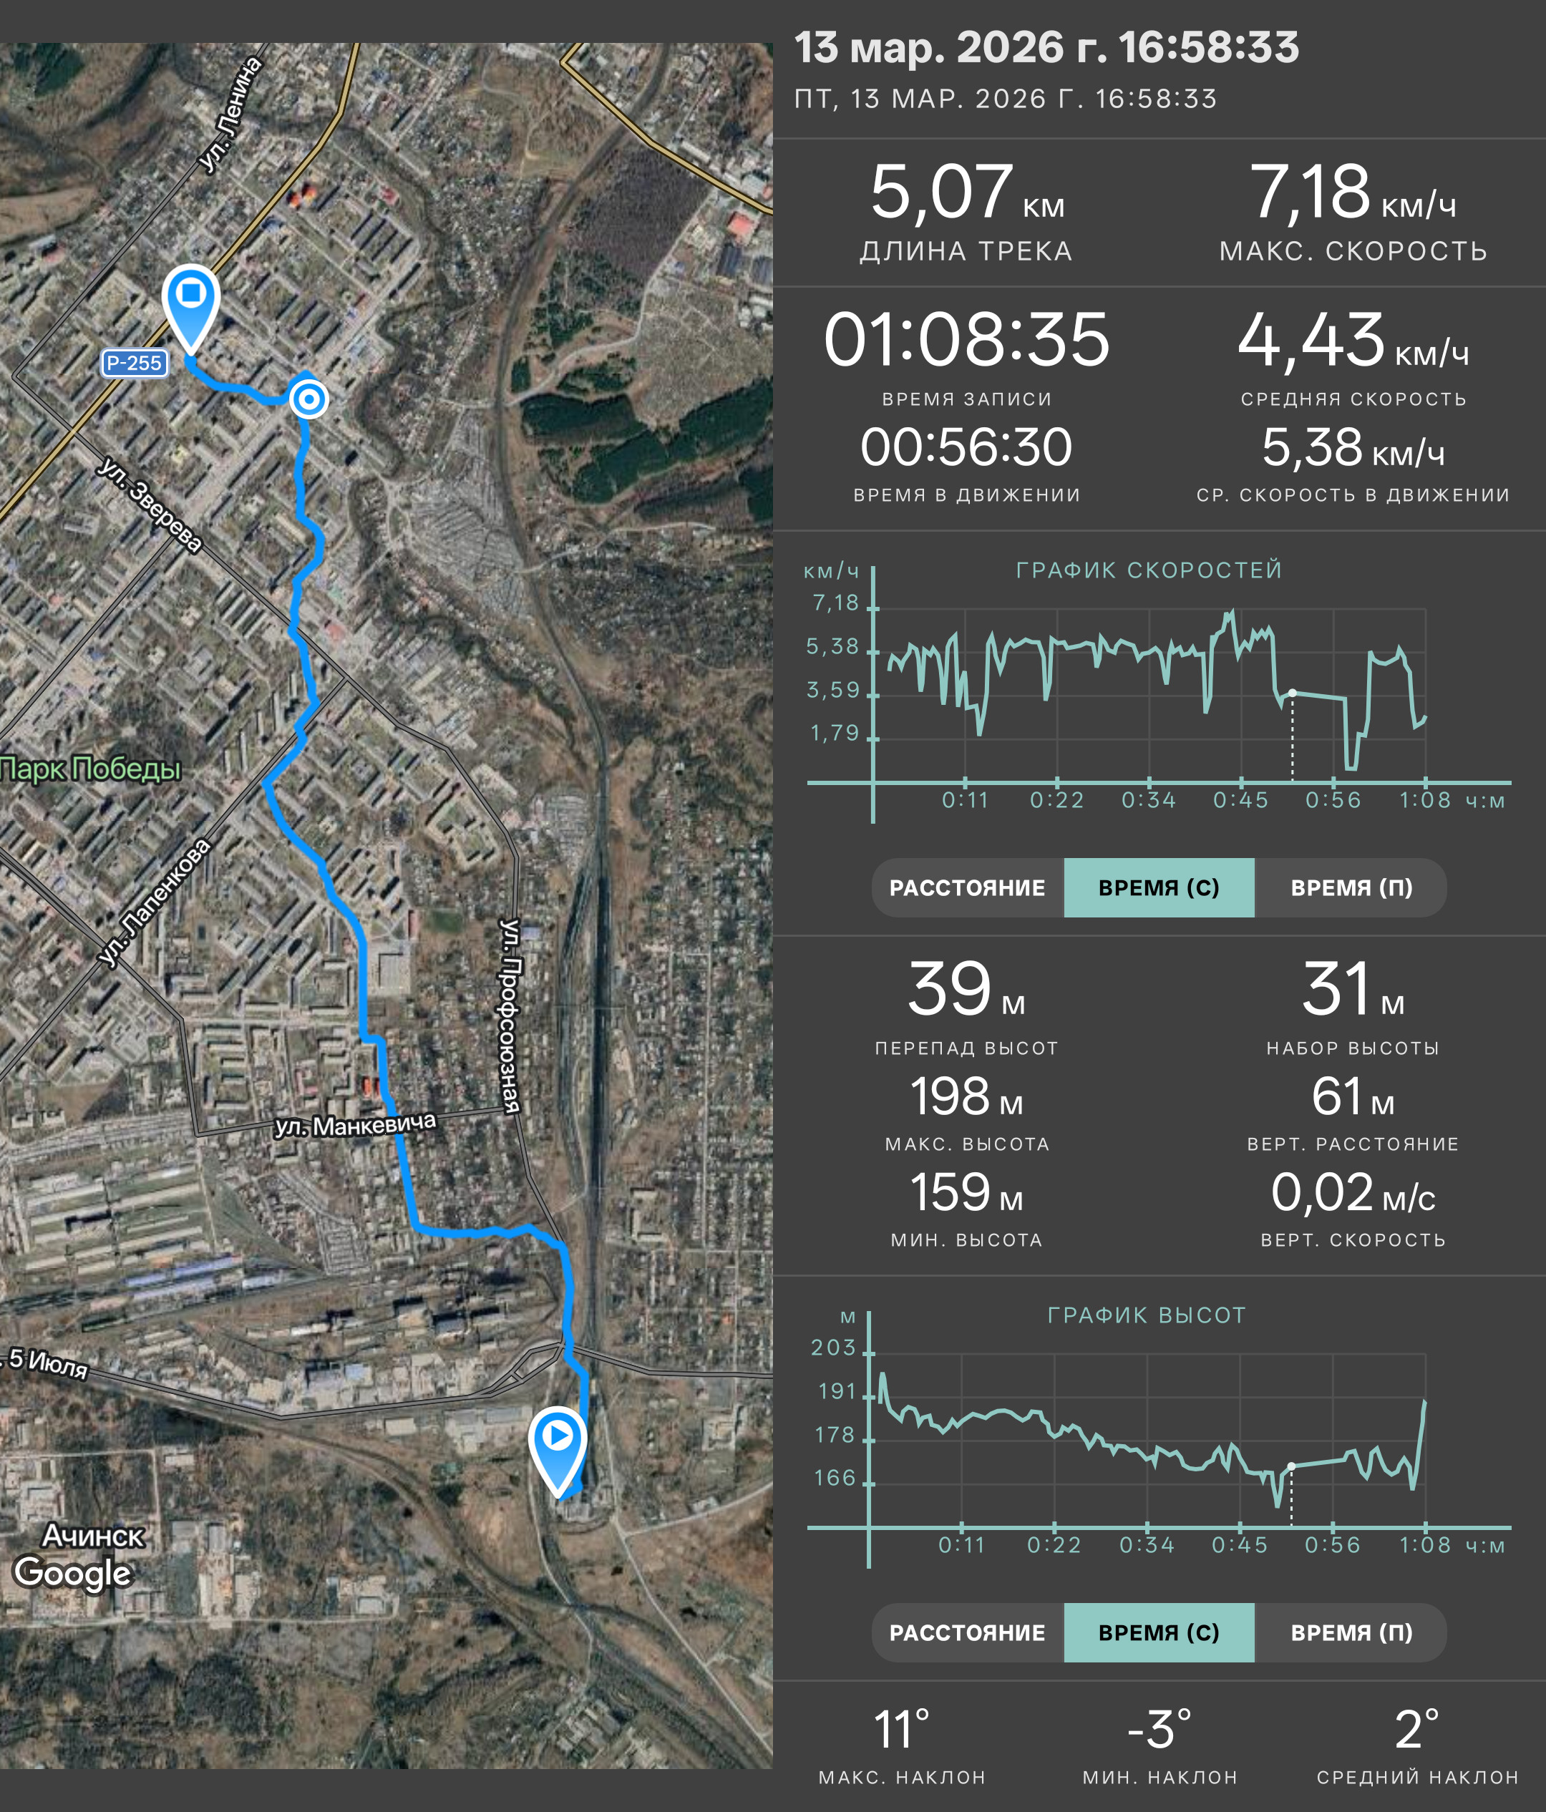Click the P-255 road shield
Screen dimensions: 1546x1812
pyautogui.click(x=134, y=363)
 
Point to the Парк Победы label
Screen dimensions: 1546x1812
pyautogui.click(x=90, y=769)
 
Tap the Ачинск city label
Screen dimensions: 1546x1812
pyautogui.click(x=94, y=1536)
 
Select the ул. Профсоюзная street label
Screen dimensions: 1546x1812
pyautogui.click(x=509, y=1016)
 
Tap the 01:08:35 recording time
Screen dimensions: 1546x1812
pyautogui.click(x=966, y=339)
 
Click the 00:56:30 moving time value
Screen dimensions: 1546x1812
pyautogui.click(x=966, y=448)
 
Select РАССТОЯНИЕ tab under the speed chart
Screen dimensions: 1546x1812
pyautogui.click(x=967, y=887)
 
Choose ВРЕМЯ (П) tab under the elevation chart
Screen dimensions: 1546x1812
pyautogui.click(x=1351, y=1632)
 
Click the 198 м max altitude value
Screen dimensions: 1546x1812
pyautogui.click(x=966, y=1096)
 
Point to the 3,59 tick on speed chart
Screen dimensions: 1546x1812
pyautogui.click(x=832, y=690)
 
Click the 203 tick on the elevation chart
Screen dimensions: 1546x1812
pyautogui.click(x=832, y=1348)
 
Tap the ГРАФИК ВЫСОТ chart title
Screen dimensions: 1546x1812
pyautogui.click(x=1147, y=1315)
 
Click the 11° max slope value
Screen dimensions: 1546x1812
pyautogui.click(x=902, y=1729)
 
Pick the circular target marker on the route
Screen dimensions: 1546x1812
pyautogui.click(x=308, y=399)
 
